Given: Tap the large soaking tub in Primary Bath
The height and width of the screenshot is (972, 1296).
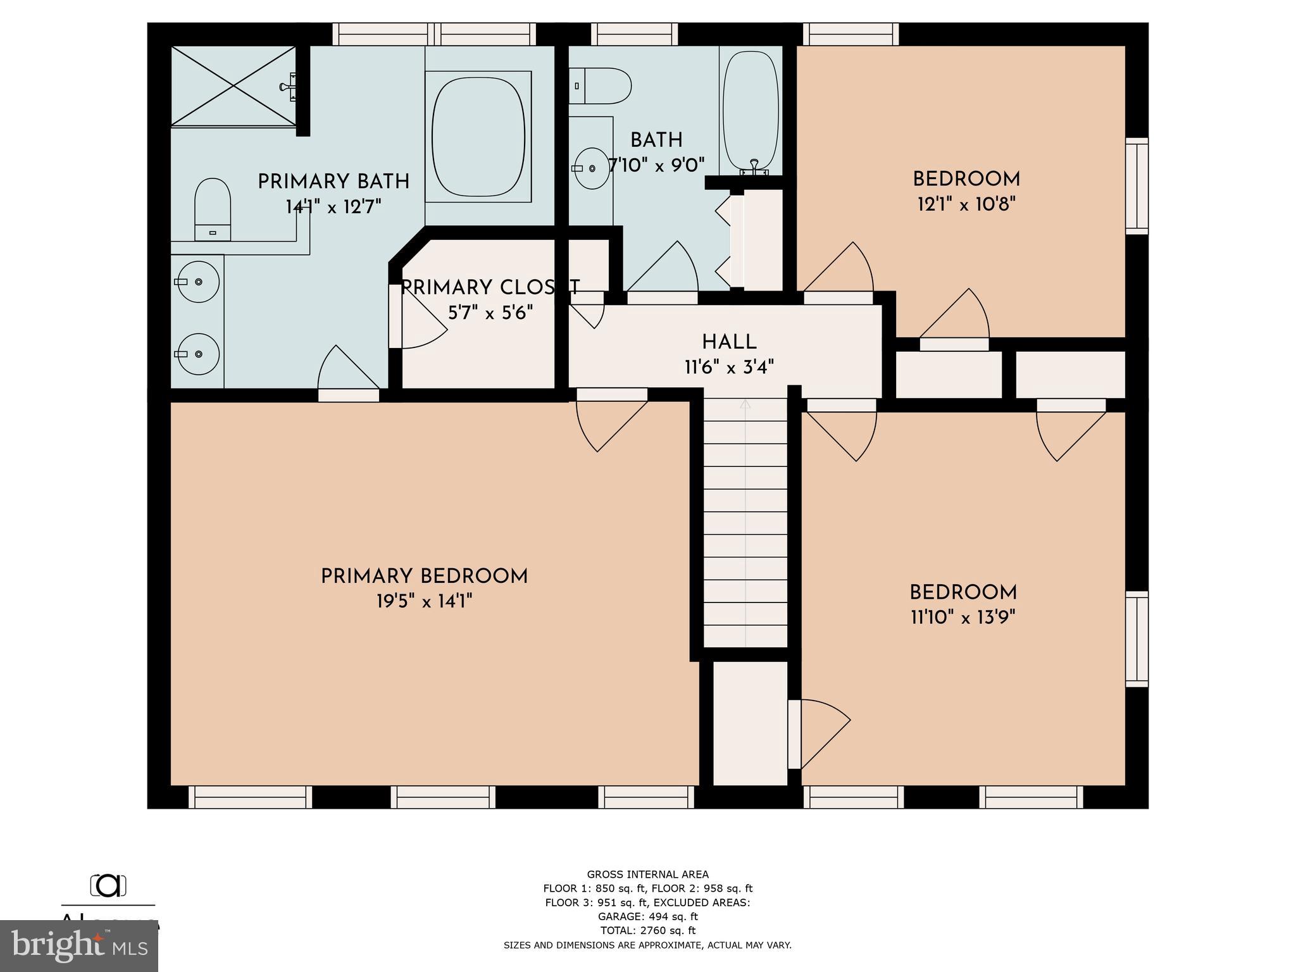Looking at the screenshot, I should pyautogui.click(x=478, y=136).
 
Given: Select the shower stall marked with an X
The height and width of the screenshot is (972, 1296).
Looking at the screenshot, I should pyautogui.click(x=234, y=85).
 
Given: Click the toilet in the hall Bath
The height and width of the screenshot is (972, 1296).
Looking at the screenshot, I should pyautogui.click(x=601, y=86).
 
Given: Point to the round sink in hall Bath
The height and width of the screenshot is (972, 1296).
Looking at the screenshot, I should pyautogui.click(x=592, y=168).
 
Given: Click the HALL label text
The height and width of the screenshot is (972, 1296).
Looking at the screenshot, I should pyautogui.click(x=729, y=342).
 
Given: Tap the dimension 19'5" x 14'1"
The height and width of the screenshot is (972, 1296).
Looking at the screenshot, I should pyautogui.click(x=425, y=601).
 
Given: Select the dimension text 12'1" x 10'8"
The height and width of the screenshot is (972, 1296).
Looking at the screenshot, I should pyautogui.click(x=966, y=204).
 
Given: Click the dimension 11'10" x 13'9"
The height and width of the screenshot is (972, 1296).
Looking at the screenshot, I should pyautogui.click(x=963, y=618).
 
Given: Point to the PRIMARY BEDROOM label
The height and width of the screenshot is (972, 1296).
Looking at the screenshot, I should pyautogui.click(x=424, y=576).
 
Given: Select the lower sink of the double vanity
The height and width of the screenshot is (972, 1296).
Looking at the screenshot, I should pyautogui.click(x=198, y=354).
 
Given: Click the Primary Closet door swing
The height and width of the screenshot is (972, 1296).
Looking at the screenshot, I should pyautogui.click(x=421, y=323).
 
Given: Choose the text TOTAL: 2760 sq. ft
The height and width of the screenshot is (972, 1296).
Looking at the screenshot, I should pyautogui.click(x=647, y=930).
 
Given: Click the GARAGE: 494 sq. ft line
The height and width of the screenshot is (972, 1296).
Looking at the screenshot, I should pyautogui.click(x=647, y=916).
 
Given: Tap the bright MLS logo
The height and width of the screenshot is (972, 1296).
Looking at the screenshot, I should pyautogui.click(x=79, y=946).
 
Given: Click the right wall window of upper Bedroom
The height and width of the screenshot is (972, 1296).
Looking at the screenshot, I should pyautogui.click(x=1137, y=186).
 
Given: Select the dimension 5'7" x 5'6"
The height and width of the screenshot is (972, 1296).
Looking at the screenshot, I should pyautogui.click(x=490, y=313).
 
